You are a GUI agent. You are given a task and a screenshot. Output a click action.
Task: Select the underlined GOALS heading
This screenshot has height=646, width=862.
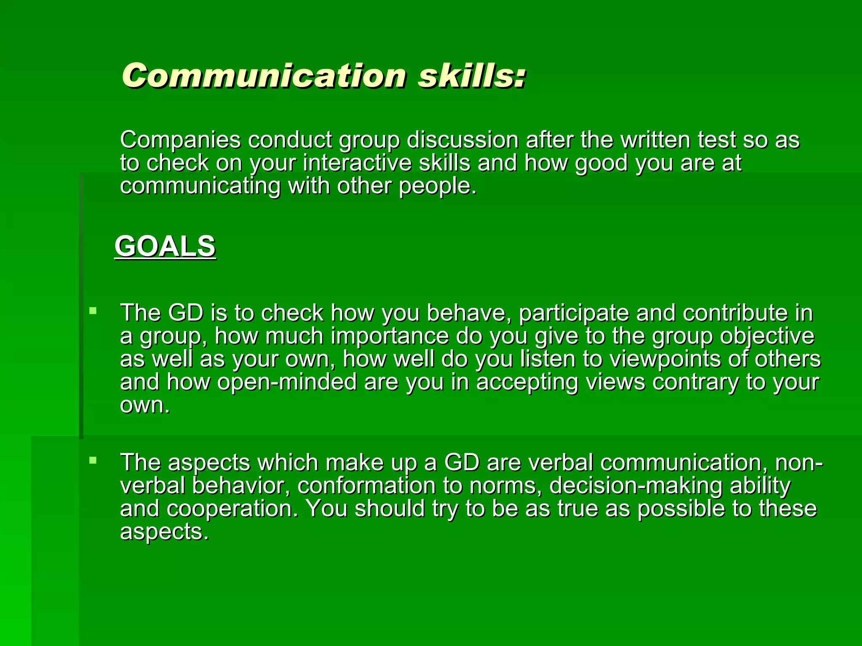(165, 246)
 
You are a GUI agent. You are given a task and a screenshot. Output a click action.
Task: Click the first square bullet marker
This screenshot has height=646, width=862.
(93, 312)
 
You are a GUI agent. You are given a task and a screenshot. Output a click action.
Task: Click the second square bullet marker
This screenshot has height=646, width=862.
(93, 461)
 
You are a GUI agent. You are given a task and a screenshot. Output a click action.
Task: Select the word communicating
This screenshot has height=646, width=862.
(200, 186)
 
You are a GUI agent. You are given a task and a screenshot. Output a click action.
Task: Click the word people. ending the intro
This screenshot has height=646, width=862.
(438, 186)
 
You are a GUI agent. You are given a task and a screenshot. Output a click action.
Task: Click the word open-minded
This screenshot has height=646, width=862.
(287, 382)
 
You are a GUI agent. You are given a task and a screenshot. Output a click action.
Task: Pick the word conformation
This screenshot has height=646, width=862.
(366, 486)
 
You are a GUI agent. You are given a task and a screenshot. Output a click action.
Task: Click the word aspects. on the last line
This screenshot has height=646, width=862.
(164, 532)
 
